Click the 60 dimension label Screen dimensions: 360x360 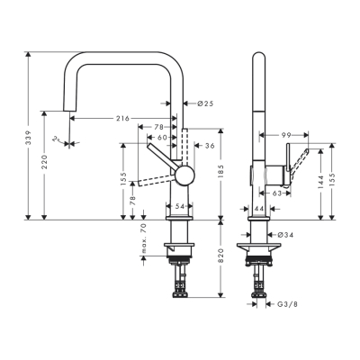163,139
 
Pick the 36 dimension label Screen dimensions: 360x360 208,145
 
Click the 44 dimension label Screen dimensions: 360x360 259,208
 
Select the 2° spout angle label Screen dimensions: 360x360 56,138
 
